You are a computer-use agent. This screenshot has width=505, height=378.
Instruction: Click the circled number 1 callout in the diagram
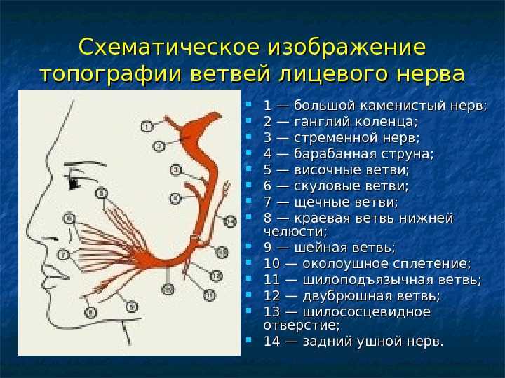tap(147, 126)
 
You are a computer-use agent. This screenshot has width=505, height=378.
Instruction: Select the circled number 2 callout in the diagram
tap(159, 146)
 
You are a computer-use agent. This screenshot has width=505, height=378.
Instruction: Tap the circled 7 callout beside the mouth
tap(63, 255)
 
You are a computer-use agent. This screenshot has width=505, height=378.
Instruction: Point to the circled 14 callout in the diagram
tap(230, 221)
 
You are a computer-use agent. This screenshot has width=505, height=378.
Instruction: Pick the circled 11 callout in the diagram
tap(210, 295)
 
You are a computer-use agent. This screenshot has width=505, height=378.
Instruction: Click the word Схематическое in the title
tap(169, 47)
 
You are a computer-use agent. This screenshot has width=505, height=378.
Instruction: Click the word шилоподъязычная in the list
tap(368, 280)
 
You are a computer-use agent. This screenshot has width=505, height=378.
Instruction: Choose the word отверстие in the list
tap(300, 325)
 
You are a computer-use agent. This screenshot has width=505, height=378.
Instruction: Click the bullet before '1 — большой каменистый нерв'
tap(248, 104)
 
